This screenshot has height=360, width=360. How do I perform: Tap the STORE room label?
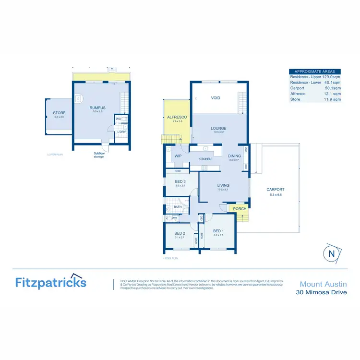click(x=59, y=113)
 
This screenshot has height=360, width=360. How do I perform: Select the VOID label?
click(x=216, y=98)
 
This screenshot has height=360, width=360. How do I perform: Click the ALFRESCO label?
click(x=177, y=117)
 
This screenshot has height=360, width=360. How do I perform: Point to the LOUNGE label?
click(x=218, y=128)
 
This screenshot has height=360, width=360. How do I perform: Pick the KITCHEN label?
click(x=205, y=159)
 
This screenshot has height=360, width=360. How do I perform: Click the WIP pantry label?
click(x=178, y=156)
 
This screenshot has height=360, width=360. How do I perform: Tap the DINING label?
click(x=235, y=156)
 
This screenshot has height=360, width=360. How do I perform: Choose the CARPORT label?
click(x=276, y=190)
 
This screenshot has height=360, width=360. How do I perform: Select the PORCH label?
click(x=240, y=209)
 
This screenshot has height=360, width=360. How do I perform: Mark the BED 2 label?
click(x=180, y=234)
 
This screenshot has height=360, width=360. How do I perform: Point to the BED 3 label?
click(x=180, y=181)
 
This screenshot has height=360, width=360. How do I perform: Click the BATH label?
click(x=178, y=207)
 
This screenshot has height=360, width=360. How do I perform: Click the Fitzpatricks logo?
click(x=50, y=282)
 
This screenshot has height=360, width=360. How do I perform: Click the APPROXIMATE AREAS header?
click(x=314, y=71)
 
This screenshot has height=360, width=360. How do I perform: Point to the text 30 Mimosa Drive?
click(x=321, y=292)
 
